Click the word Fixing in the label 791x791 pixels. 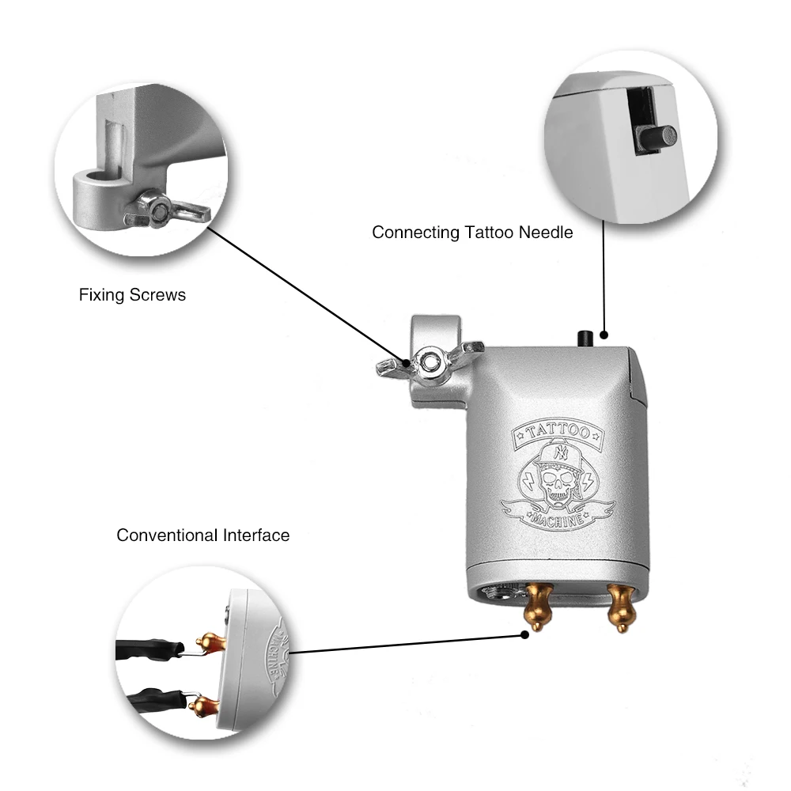(100, 295)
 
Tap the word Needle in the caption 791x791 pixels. (546, 233)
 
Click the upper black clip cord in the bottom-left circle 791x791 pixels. (150, 650)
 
